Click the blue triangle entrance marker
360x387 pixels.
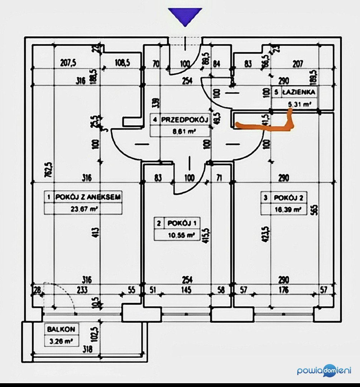(x=185, y=16)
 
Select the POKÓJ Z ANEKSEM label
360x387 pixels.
(x=87, y=197)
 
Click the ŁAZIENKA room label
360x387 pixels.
(x=299, y=92)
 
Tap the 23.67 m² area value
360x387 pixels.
(x=83, y=209)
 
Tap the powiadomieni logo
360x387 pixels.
(x=324, y=371)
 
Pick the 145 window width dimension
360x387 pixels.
(x=186, y=290)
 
